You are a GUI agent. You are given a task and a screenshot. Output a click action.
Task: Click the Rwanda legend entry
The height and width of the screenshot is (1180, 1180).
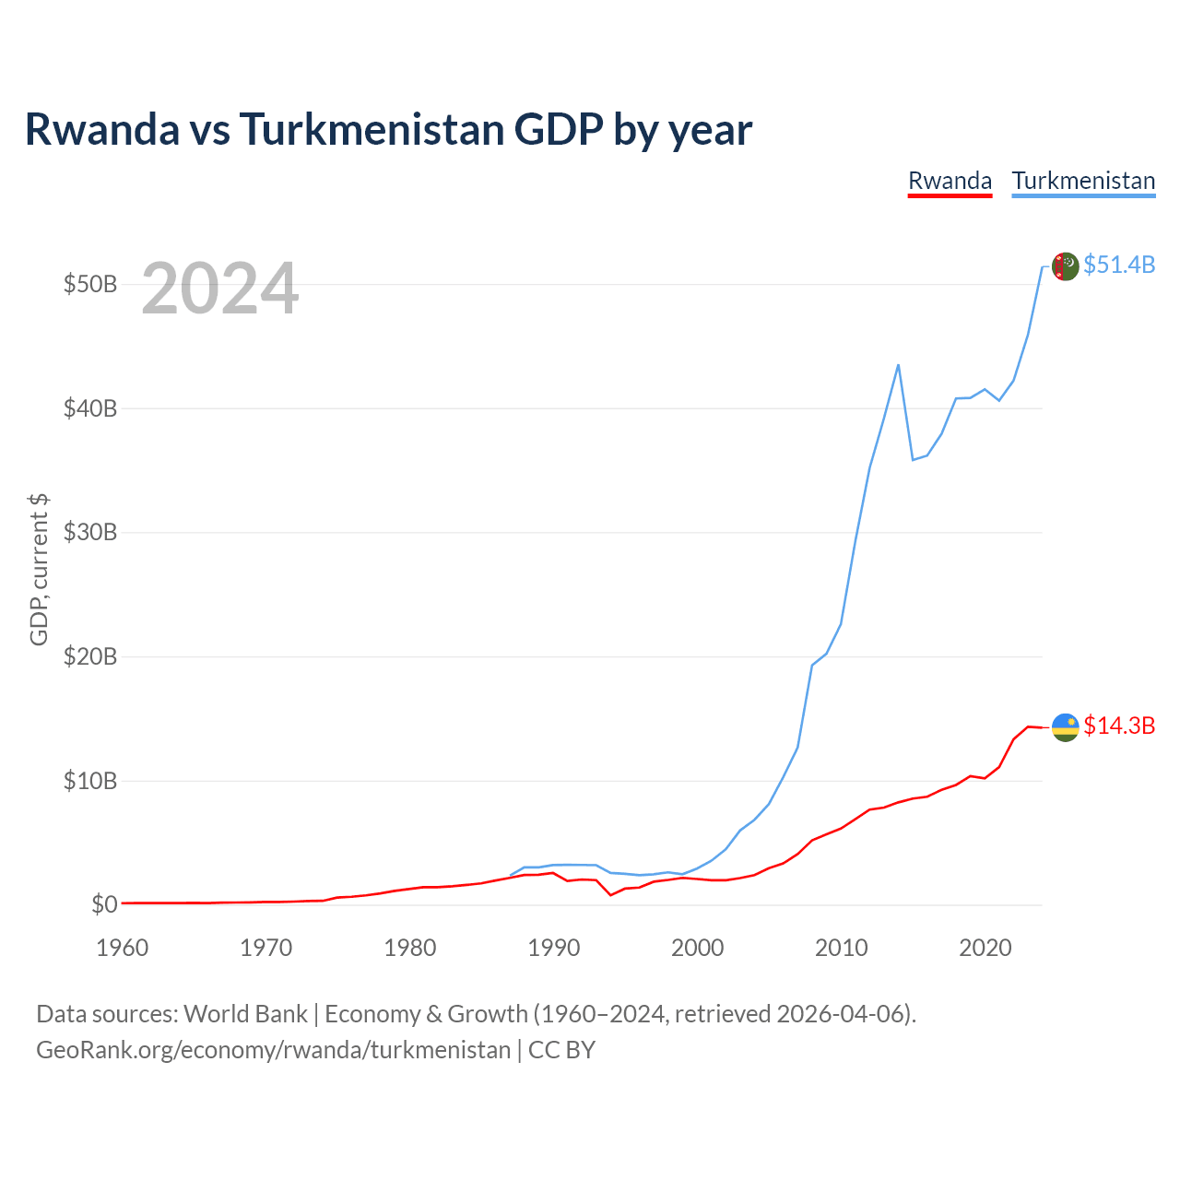(950, 182)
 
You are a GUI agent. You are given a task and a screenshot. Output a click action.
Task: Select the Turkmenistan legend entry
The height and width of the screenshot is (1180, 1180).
(1083, 182)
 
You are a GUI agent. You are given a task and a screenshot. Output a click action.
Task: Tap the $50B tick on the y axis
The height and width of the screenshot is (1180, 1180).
(90, 284)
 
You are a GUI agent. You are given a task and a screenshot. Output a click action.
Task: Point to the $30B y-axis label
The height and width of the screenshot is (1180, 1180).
(90, 532)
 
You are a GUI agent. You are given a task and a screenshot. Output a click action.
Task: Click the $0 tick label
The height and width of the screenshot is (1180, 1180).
(104, 904)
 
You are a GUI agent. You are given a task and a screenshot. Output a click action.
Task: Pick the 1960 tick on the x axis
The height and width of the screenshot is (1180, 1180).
(122, 948)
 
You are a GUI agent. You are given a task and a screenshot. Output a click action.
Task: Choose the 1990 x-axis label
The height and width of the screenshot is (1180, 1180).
(553, 948)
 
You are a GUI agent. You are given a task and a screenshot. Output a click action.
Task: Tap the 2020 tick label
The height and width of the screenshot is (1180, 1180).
(985, 948)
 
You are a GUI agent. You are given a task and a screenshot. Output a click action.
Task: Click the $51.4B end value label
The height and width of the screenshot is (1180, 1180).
(1119, 265)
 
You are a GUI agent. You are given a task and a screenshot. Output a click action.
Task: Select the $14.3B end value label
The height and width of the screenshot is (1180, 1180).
(1119, 726)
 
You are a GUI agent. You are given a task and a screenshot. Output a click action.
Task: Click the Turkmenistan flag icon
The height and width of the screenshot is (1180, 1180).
(1065, 266)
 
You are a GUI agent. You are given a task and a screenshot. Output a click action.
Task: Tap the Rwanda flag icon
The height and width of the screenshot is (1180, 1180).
(1065, 727)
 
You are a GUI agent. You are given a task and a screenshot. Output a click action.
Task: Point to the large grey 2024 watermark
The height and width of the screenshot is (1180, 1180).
(219, 288)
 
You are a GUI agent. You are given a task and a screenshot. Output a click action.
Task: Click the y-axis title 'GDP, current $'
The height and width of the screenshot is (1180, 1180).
(39, 570)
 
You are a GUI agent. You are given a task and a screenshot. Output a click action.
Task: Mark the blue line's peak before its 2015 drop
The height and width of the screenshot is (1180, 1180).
(898, 366)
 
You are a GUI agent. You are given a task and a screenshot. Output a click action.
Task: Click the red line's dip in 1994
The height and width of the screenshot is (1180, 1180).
(610, 894)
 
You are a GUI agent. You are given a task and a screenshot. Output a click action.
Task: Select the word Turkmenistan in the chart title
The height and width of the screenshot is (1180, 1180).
(372, 129)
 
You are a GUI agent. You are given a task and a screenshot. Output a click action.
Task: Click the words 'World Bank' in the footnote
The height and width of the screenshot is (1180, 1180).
(245, 1014)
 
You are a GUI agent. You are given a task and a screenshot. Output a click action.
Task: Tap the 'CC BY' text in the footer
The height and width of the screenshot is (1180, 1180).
(561, 1050)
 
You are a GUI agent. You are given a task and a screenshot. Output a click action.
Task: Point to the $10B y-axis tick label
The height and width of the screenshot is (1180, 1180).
(90, 781)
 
